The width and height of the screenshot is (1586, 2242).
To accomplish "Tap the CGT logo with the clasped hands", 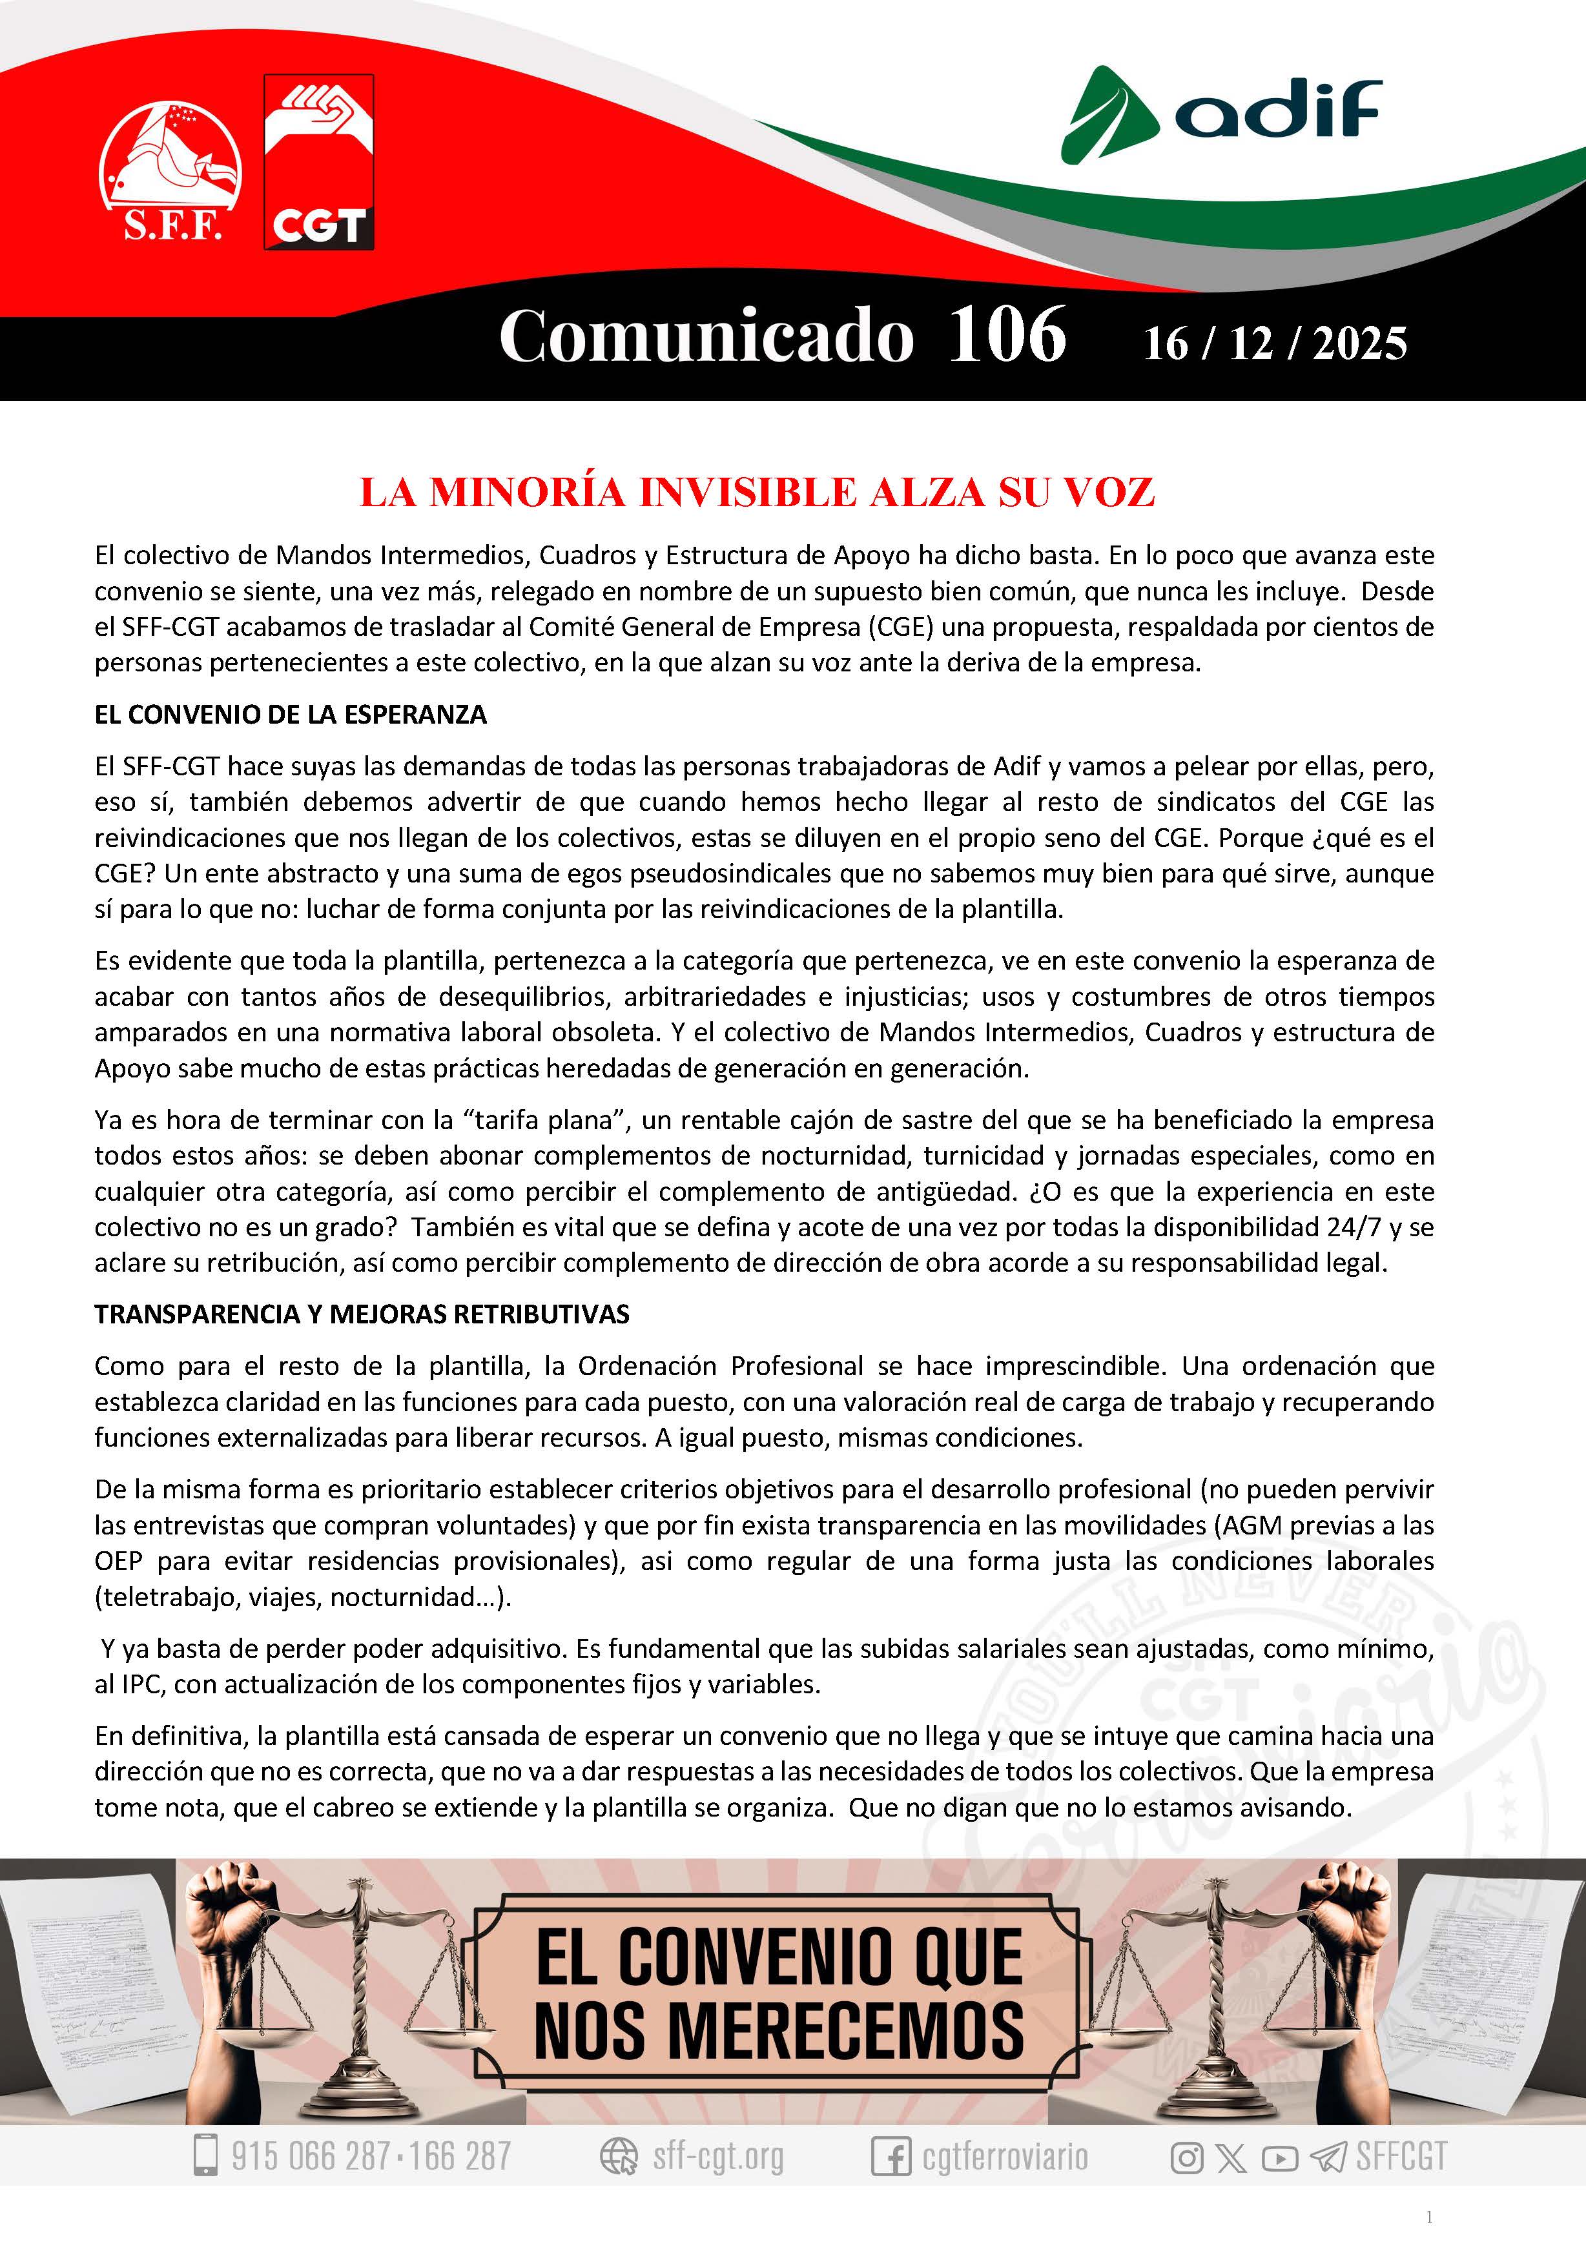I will pyautogui.click(x=318, y=161).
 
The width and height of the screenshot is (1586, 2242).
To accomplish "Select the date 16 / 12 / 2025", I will pyautogui.click(x=1275, y=343).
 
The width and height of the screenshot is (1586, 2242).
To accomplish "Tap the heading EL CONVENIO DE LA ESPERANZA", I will pyautogui.click(x=290, y=715).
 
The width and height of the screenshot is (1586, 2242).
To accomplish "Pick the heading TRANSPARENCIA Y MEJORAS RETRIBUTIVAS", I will pyautogui.click(x=362, y=1314).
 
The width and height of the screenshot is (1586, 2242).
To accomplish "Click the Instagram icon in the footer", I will pyautogui.click(x=1186, y=2157).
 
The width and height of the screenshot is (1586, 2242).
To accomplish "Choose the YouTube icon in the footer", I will pyautogui.click(x=1279, y=2157).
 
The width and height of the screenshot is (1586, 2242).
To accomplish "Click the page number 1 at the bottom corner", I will pyautogui.click(x=1430, y=2217).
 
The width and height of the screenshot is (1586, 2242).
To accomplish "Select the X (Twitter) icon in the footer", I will pyautogui.click(x=1233, y=2157).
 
